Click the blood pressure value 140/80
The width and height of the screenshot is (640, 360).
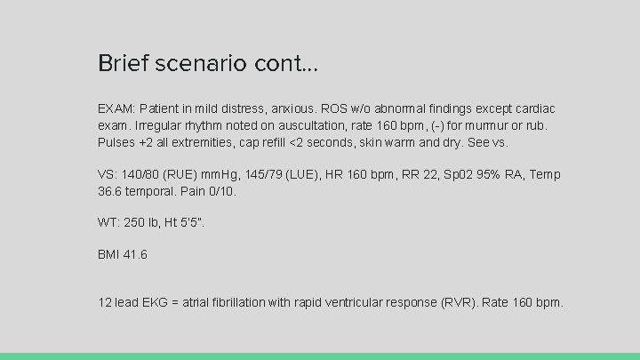click(140, 175)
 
